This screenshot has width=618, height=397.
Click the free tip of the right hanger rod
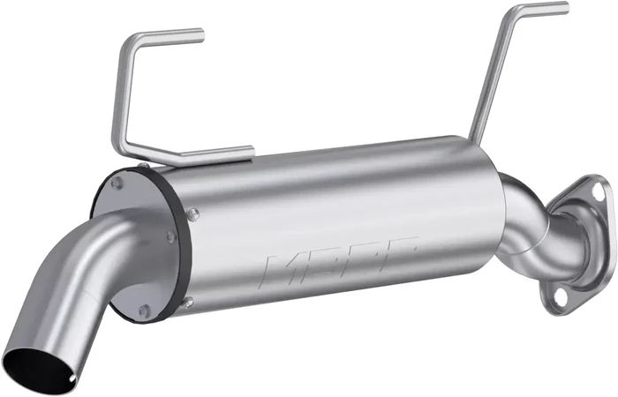[x=566, y=9]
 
